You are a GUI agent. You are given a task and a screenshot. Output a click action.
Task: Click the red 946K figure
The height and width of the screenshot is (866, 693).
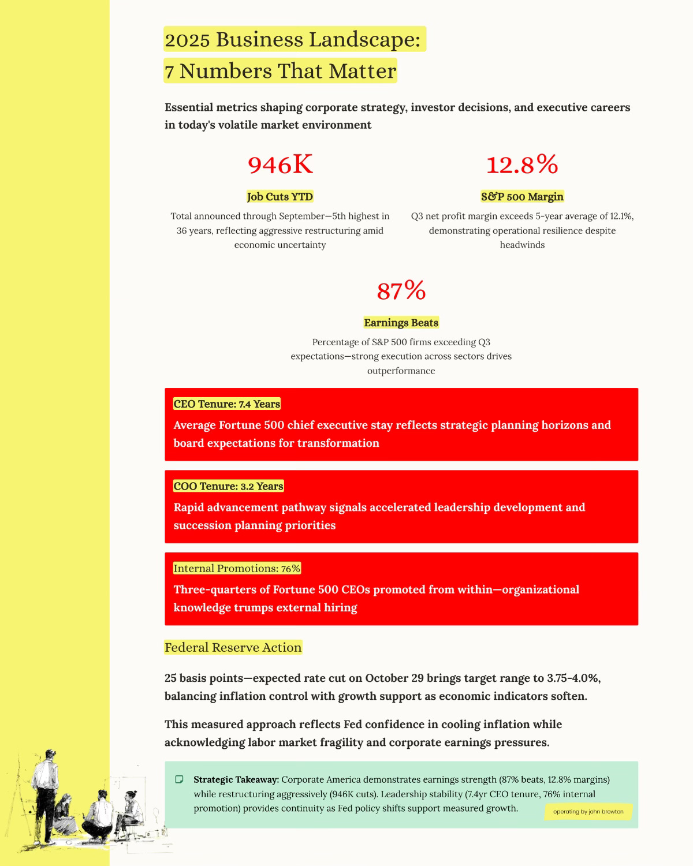(280, 165)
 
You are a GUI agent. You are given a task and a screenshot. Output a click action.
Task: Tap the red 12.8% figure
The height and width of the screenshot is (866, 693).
(522, 165)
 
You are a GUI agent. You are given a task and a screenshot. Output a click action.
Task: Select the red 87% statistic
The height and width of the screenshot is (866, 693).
(401, 291)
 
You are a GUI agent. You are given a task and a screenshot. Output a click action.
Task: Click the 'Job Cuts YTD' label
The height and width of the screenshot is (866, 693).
(280, 197)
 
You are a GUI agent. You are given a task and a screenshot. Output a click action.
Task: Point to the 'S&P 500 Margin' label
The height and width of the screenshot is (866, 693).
(522, 197)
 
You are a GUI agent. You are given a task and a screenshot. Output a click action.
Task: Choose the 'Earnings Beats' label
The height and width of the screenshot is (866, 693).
(401, 323)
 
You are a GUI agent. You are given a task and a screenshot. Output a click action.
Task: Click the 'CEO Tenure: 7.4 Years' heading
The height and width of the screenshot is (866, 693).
(227, 404)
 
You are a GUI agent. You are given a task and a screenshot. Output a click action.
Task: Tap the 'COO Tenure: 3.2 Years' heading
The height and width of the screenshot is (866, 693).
(229, 486)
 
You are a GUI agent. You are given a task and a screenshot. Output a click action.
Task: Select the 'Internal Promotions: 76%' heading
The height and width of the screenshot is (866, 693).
(237, 569)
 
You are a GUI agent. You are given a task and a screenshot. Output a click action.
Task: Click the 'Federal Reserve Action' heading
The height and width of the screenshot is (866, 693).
(233, 648)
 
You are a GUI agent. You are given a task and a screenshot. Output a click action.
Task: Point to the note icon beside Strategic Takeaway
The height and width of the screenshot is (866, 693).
(179, 779)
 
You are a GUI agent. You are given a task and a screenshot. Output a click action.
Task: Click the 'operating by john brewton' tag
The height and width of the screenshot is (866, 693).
(588, 812)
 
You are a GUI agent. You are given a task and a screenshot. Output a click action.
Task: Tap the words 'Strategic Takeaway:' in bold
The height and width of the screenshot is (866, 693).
(236, 779)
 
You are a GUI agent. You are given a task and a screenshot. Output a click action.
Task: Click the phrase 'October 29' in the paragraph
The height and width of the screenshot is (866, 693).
(393, 678)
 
